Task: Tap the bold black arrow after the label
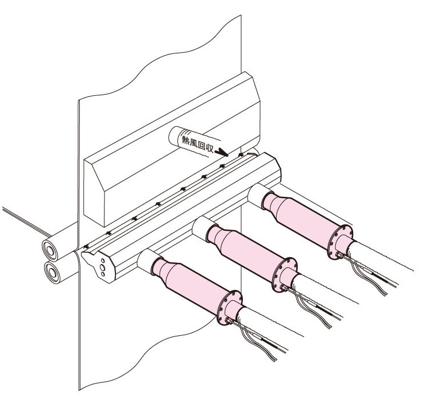[221, 152]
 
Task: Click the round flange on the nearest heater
[230, 308]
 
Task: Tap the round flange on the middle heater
[285, 274]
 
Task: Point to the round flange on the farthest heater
[340, 242]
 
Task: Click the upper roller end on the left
[50, 250]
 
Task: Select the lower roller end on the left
[52, 272]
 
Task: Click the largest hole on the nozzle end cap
[103, 268]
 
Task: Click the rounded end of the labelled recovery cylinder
[175, 135]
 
